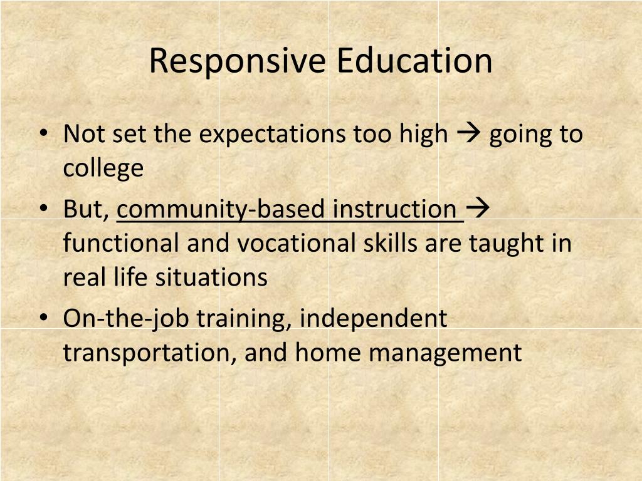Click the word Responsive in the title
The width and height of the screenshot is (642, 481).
point(238,61)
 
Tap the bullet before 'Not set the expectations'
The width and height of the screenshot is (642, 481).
point(43,133)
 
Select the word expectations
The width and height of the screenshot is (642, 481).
point(274,135)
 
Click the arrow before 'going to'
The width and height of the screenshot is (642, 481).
point(468,133)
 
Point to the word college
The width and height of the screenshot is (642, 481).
point(103,169)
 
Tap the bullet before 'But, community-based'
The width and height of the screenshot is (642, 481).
point(43,209)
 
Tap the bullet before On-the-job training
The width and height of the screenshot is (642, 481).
point(43,318)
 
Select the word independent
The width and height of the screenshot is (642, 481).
point(373,319)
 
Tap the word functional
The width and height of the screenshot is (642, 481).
point(120,243)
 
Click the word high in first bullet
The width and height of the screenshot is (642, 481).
point(424,135)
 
